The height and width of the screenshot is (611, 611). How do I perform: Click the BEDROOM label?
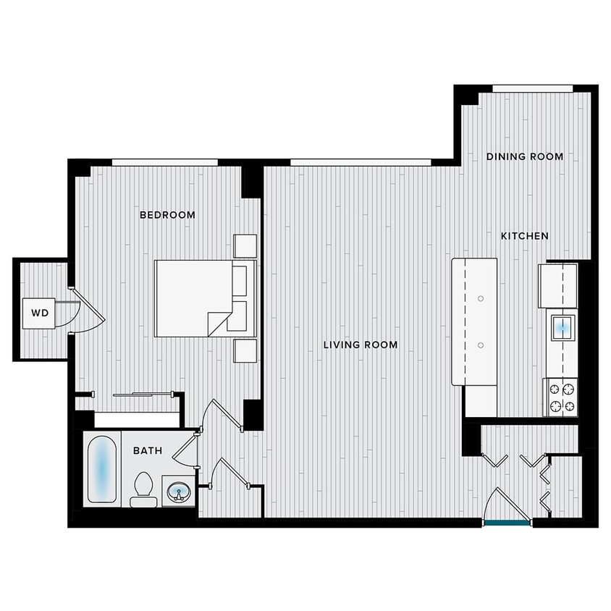tap(167, 215)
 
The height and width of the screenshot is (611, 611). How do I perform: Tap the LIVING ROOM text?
tap(361, 345)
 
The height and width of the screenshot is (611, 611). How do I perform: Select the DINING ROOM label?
tap(524, 156)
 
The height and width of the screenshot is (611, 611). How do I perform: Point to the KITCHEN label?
tap(525, 236)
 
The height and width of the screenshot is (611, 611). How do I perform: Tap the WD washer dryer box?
tap(39, 313)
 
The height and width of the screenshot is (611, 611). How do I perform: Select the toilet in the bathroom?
tap(142, 490)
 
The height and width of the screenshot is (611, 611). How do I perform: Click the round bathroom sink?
tap(177, 494)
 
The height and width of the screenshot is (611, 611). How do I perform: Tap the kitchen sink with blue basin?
tap(562, 326)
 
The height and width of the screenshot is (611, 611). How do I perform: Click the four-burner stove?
tap(562, 397)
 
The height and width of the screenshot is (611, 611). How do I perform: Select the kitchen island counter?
tap(475, 322)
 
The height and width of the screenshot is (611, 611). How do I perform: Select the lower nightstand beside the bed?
tap(244, 350)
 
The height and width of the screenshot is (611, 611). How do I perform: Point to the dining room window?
tap(532, 88)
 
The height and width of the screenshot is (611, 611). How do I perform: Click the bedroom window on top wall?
tap(164, 161)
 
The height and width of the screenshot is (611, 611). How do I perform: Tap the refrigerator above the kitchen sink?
tap(558, 285)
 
